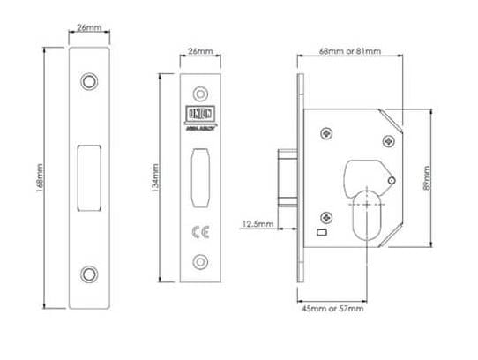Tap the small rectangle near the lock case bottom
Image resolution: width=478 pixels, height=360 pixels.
pos(320,234)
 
